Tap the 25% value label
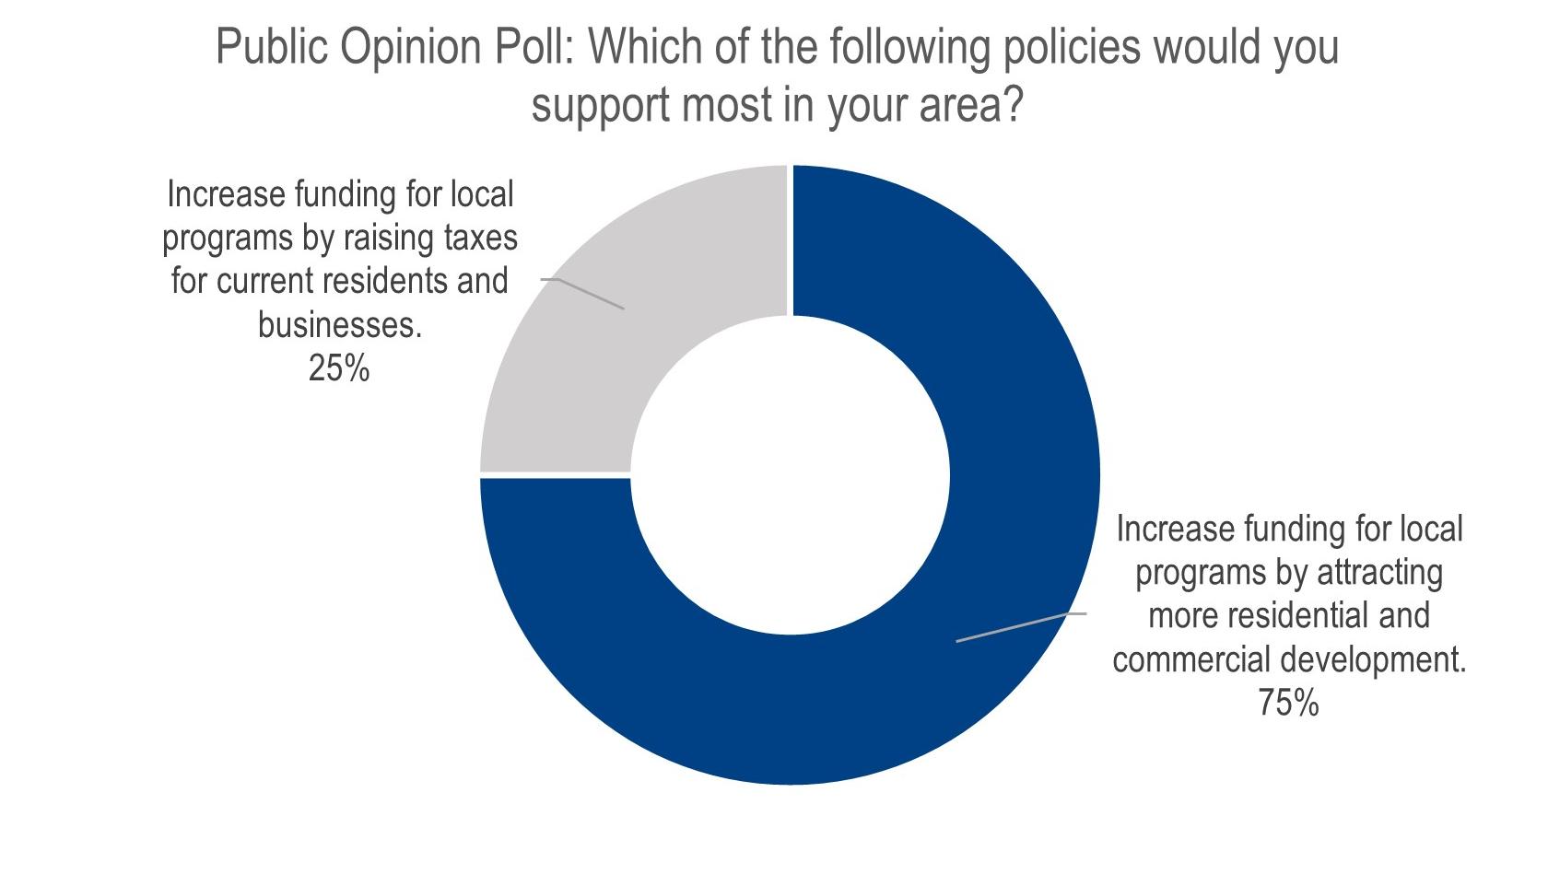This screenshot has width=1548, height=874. [339, 369]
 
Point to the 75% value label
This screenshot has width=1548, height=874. [1288, 704]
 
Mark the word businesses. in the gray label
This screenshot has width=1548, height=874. [339, 325]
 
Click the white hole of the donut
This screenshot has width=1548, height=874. [790, 475]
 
